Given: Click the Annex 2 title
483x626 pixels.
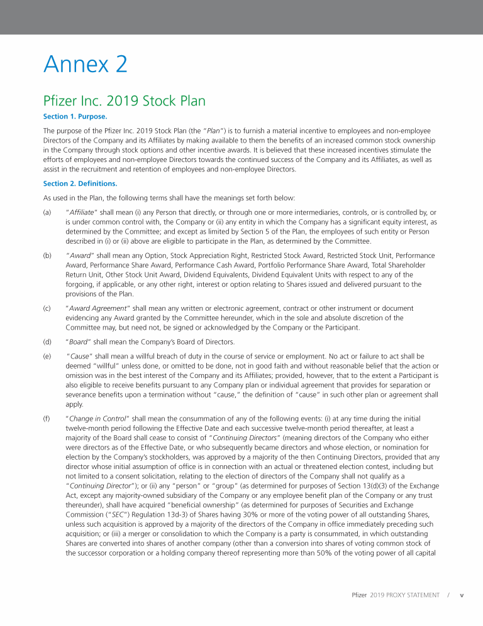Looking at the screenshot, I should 85,64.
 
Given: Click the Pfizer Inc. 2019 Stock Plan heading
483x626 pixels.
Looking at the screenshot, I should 124,100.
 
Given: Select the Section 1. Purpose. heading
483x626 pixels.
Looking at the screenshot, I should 75,116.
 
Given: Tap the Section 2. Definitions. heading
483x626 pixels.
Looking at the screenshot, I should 80,183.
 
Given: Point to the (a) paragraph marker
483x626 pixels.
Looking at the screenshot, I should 47,213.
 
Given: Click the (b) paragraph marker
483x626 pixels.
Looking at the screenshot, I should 47,256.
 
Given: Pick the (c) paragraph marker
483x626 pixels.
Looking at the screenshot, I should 47,308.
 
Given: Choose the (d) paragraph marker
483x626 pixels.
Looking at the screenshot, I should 47,342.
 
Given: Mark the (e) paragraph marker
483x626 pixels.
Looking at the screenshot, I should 47,356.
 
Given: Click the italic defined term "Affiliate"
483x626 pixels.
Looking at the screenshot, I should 82,213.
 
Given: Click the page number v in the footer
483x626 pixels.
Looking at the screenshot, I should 462,595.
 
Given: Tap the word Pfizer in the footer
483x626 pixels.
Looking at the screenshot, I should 358,595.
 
